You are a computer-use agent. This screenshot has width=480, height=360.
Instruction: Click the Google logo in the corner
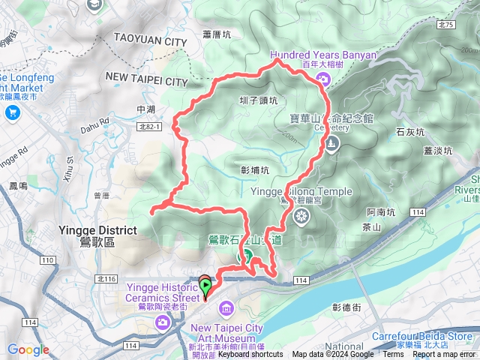28,350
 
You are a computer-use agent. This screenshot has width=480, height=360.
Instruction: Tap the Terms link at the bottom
393,354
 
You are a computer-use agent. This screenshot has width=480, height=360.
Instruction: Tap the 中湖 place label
145,109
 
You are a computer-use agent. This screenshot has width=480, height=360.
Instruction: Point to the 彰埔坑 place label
255,170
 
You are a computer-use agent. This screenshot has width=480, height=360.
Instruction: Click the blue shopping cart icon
12,112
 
